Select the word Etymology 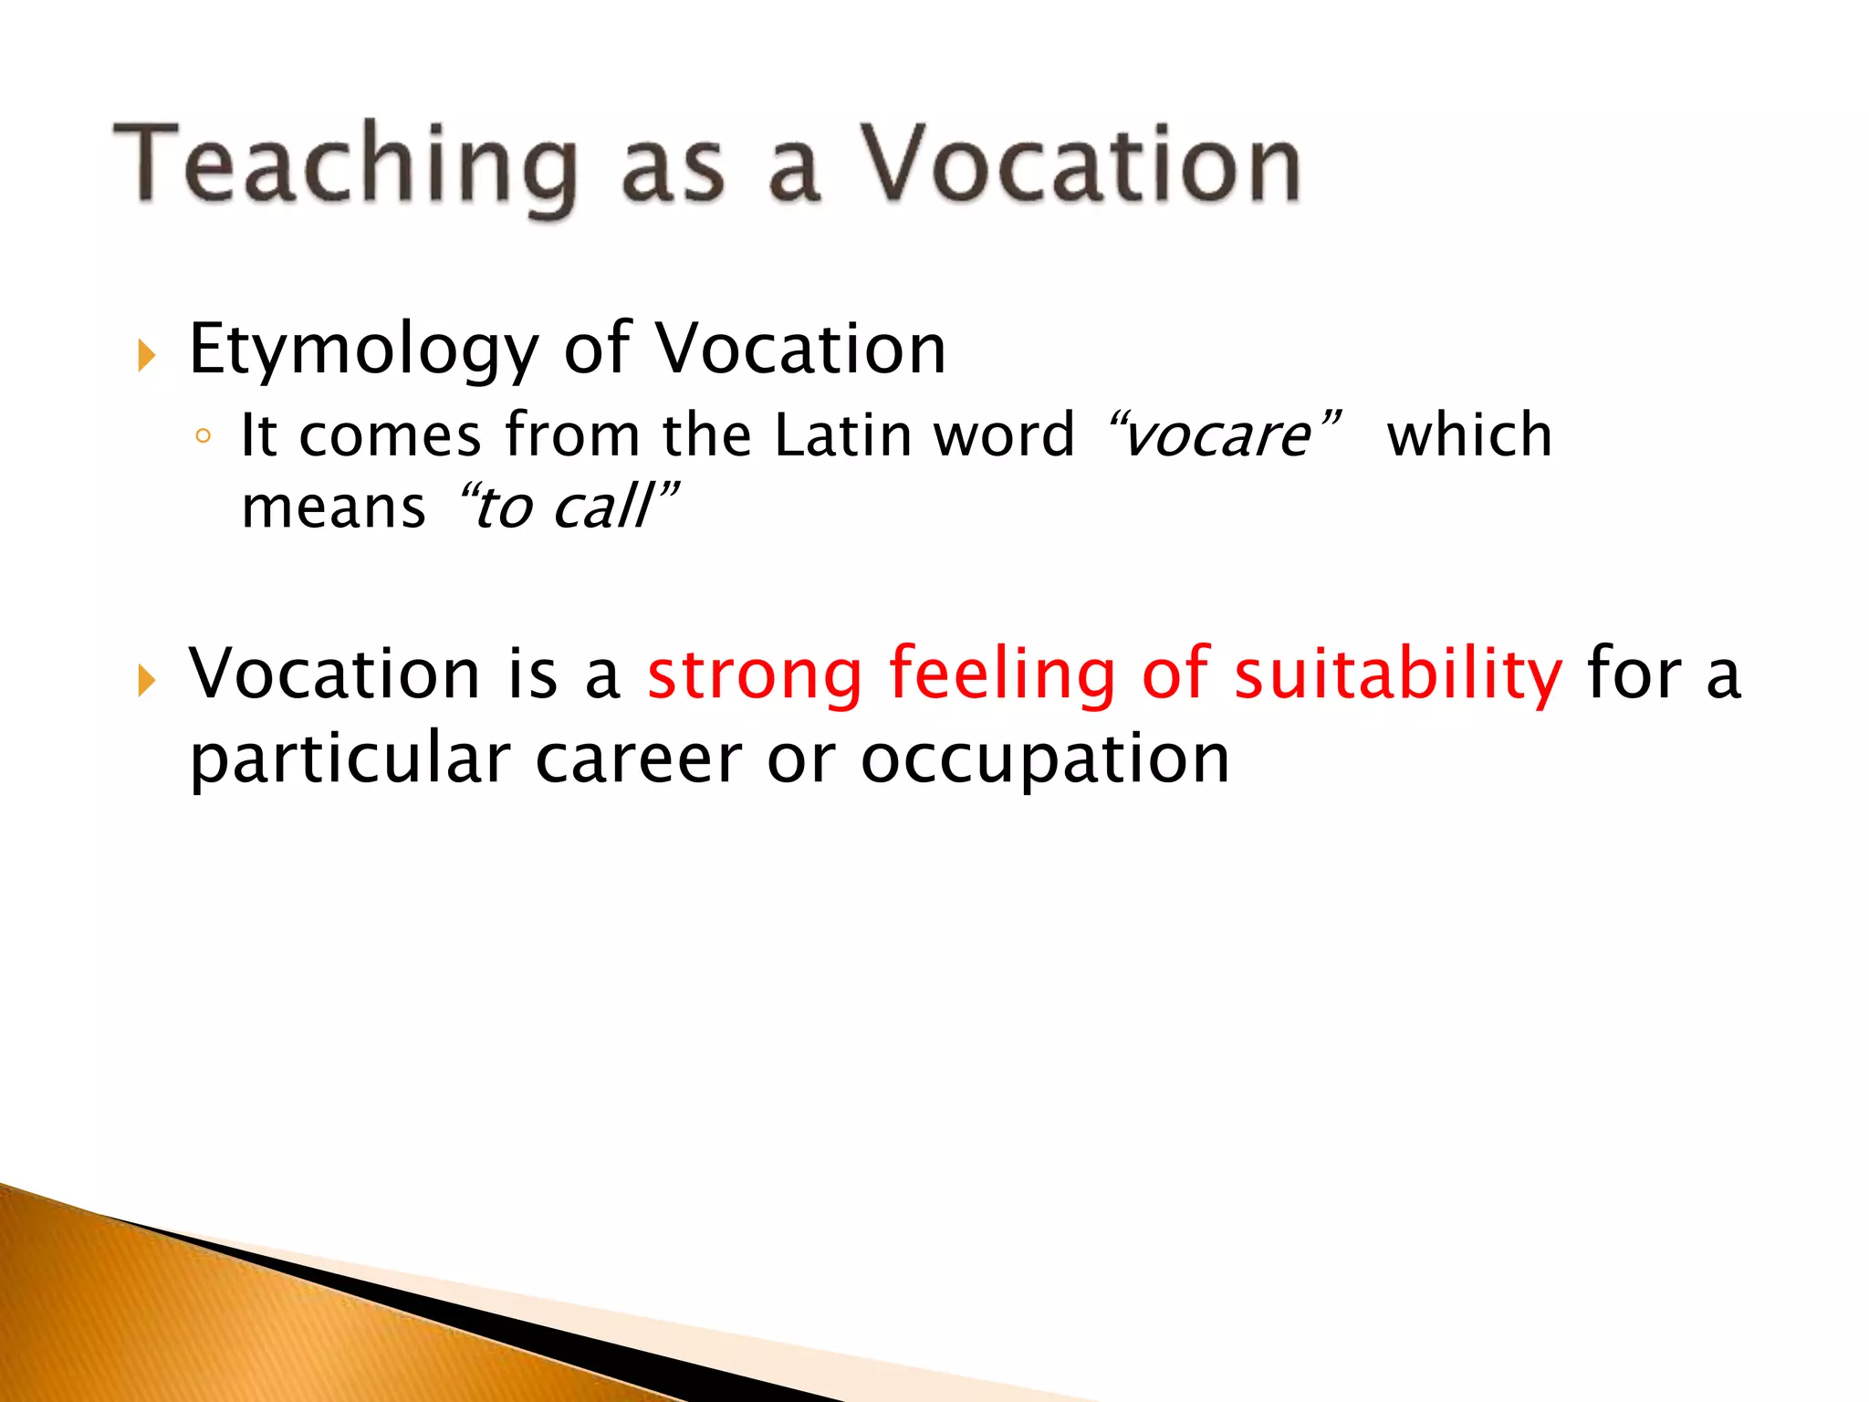click(363, 350)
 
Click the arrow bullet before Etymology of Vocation click(147, 355)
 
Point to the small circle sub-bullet click(204, 437)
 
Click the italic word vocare click(1217, 435)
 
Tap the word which click(1469, 434)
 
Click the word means click(333, 508)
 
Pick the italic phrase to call click(565, 507)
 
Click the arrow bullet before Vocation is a click(147, 680)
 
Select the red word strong click(755, 675)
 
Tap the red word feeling click(1001, 675)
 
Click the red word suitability click(1398, 675)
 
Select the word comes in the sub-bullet click(390, 435)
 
